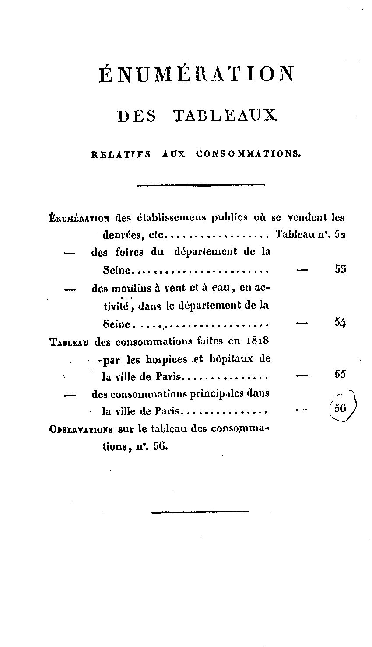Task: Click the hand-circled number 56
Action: tap(340, 408)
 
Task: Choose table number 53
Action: tap(340, 269)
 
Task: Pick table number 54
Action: tap(340, 323)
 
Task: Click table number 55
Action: tap(340, 374)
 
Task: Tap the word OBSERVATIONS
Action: tap(81, 429)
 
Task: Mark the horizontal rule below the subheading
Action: tap(200, 185)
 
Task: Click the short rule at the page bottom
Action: tap(200, 511)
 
